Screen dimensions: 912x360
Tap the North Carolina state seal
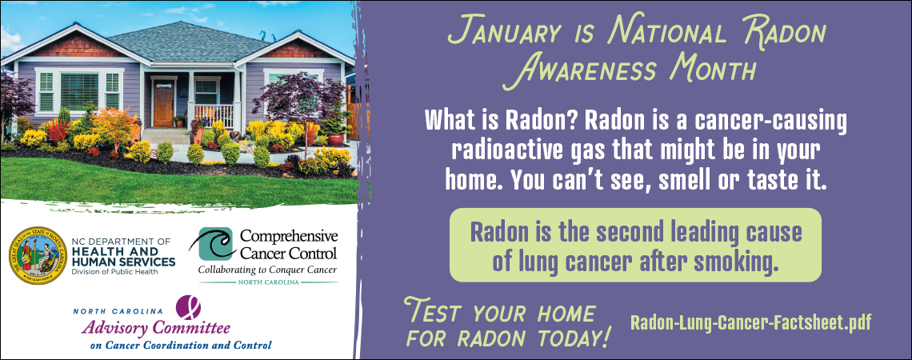pyautogui.click(x=38, y=255)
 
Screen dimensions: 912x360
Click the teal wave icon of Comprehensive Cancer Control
pyautogui.click(x=212, y=244)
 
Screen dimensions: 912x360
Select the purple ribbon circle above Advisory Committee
pyautogui.click(x=188, y=307)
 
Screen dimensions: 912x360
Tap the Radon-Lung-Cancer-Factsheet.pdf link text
pyautogui.click(x=751, y=322)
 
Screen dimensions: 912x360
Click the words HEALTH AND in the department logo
pyautogui.click(x=114, y=251)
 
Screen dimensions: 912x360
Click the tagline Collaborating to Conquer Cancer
pyautogui.click(x=267, y=270)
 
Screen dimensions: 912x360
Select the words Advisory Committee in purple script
pyautogui.click(x=155, y=328)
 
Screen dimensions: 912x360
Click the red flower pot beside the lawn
pyautogui.click(x=336, y=140)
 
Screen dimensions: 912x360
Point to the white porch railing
pyautogui.click(x=214, y=115)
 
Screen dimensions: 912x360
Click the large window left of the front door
pyautogui.click(x=80, y=91)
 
